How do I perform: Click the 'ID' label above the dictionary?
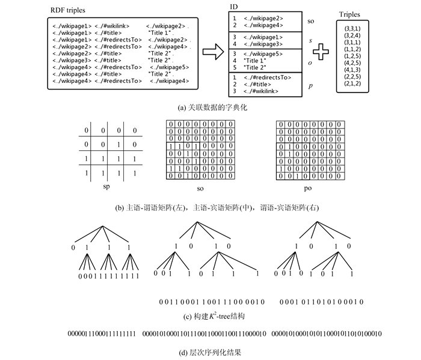pyautogui.click(x=235, y=5)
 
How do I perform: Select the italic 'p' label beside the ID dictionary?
pyautogui.click(x=311, y=86)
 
